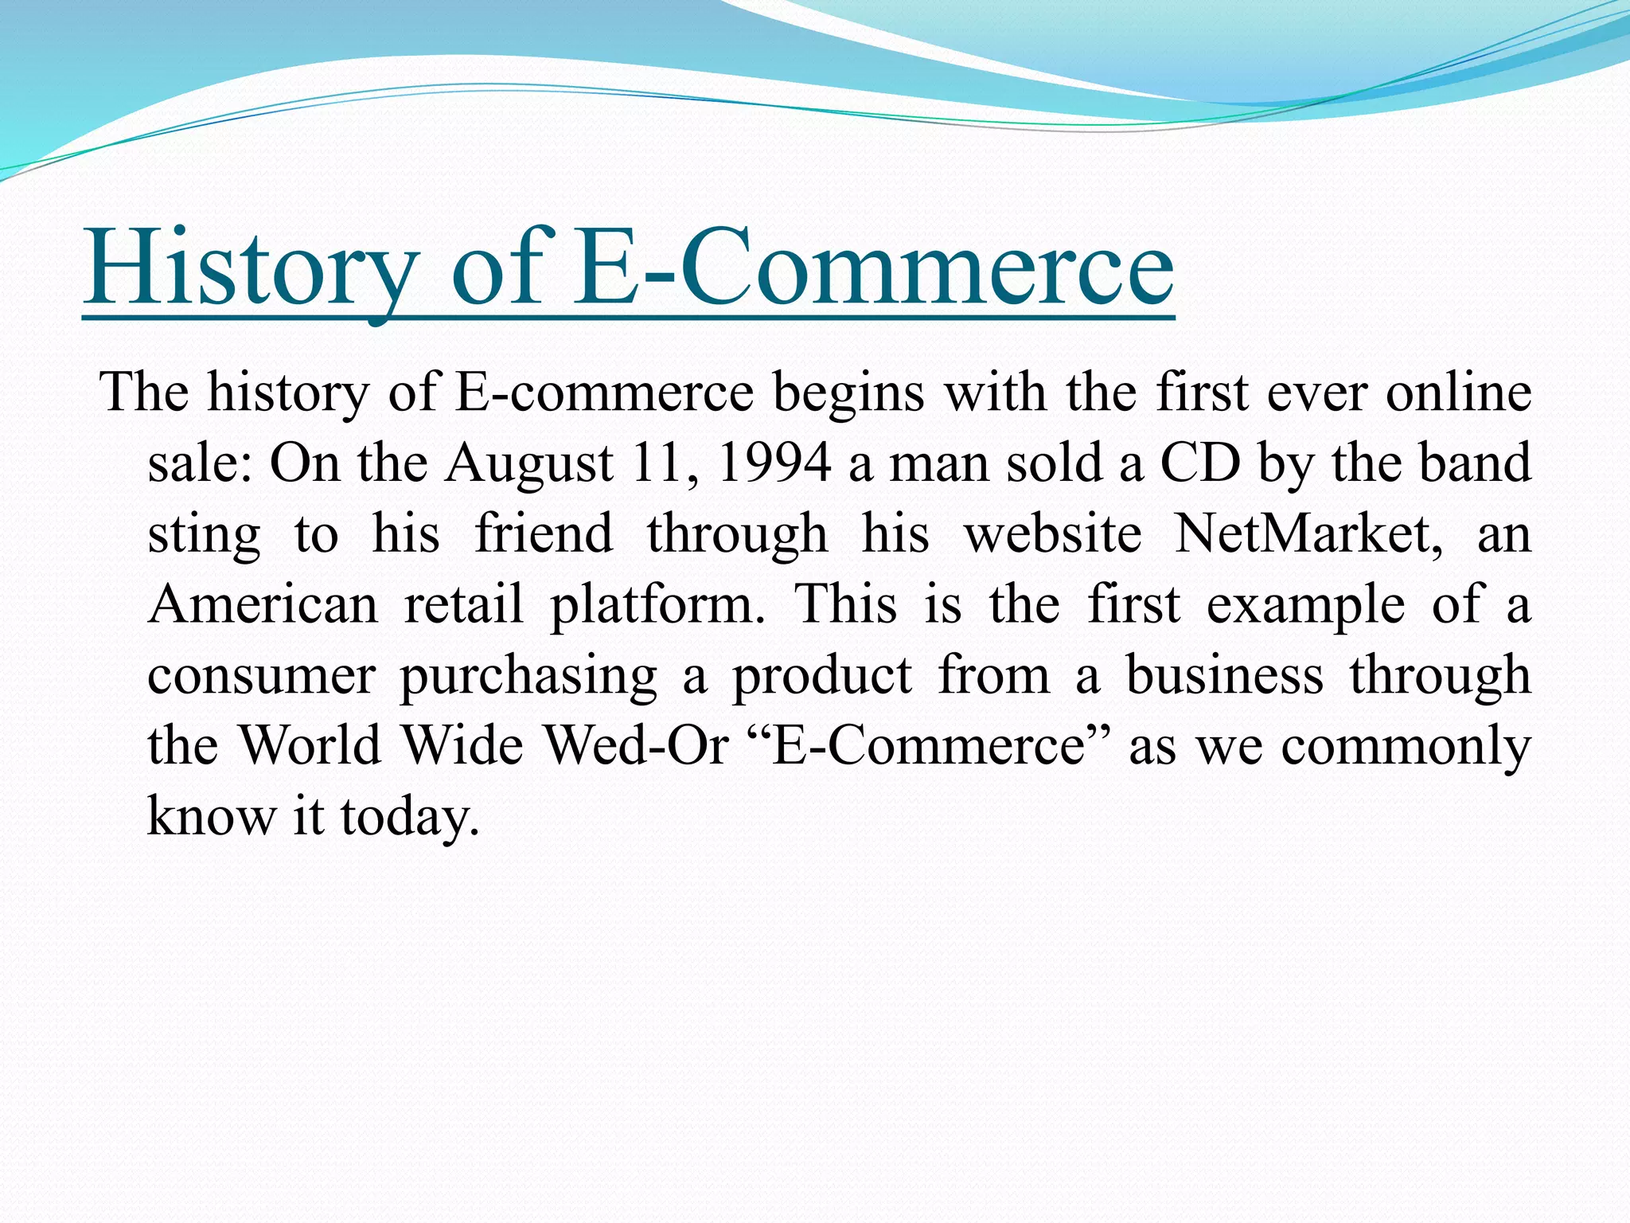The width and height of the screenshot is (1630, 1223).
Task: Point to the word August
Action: click(528, 464)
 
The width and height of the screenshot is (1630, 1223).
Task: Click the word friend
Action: click(544, 533)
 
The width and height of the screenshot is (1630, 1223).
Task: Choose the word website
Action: click(1053, 533)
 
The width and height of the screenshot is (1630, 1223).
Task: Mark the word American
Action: click(263, 604)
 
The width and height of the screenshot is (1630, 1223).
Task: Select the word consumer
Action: click(261, 675)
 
